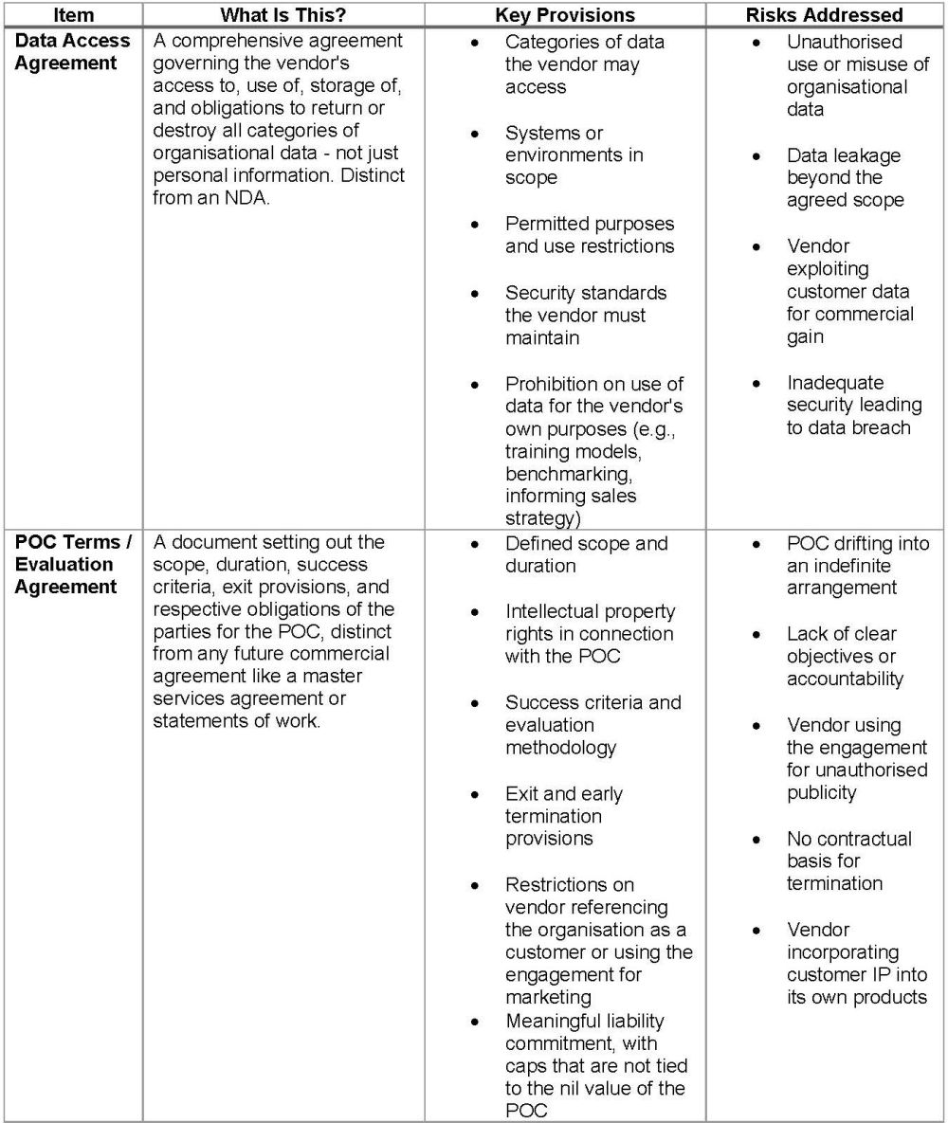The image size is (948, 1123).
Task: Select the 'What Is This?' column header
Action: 282,15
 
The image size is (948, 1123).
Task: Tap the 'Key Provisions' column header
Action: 565,15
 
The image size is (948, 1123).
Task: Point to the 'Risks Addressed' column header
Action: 825,15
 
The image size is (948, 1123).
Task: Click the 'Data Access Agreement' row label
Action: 73,53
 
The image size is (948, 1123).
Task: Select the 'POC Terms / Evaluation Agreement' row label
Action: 73,565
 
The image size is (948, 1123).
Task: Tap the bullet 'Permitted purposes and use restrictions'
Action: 590,235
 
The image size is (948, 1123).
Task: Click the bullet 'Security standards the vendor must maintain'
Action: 585,315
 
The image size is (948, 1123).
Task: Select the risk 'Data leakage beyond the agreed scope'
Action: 845,178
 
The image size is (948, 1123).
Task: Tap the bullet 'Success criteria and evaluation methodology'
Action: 592,725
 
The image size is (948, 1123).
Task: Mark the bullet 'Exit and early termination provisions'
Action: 563,816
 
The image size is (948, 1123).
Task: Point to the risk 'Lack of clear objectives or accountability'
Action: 845,657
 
